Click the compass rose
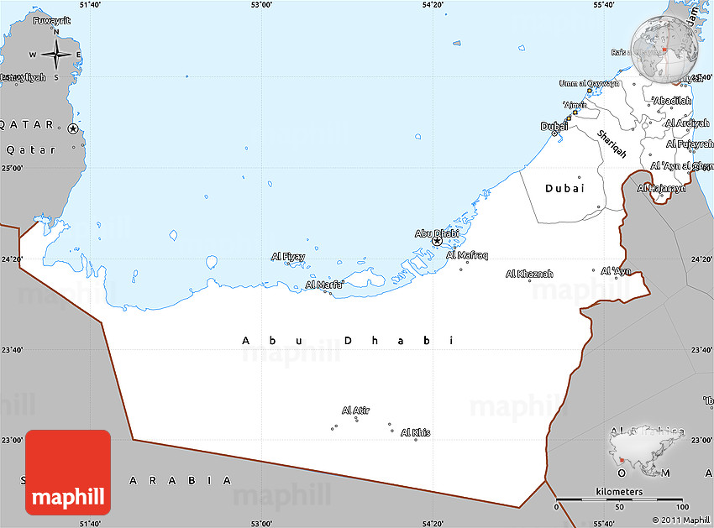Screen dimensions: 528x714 56,55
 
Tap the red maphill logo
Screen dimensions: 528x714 68,472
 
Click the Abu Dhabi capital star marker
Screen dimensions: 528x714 437,241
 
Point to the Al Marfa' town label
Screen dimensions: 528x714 323,285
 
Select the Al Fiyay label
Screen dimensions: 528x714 287,256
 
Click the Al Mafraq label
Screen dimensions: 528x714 467,255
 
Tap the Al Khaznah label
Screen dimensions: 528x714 529,274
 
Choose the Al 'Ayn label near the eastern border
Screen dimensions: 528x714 616,270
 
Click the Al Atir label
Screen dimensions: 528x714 355,410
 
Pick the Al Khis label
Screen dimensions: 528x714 416,432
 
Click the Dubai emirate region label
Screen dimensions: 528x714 564,189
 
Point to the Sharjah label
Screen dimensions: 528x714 612,144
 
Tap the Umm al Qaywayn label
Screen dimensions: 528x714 590,83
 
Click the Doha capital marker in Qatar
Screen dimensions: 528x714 73,128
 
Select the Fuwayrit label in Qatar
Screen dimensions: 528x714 52,21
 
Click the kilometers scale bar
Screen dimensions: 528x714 618,500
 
